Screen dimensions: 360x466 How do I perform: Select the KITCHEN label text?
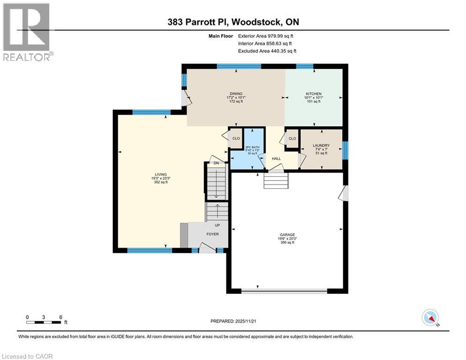click(314, 94)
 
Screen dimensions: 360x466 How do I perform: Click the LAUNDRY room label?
click(321, 145)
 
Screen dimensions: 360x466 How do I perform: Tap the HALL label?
click(276, 159)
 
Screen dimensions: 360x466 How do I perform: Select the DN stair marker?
click(216, 163)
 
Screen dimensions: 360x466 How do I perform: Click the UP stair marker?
click(217, 225)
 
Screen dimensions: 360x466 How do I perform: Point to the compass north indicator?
click(429, 318)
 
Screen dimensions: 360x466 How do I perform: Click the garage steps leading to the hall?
click(276, 180)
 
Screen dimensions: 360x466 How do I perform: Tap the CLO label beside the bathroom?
click(236, 138)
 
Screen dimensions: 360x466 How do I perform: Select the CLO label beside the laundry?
click(292, 138)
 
